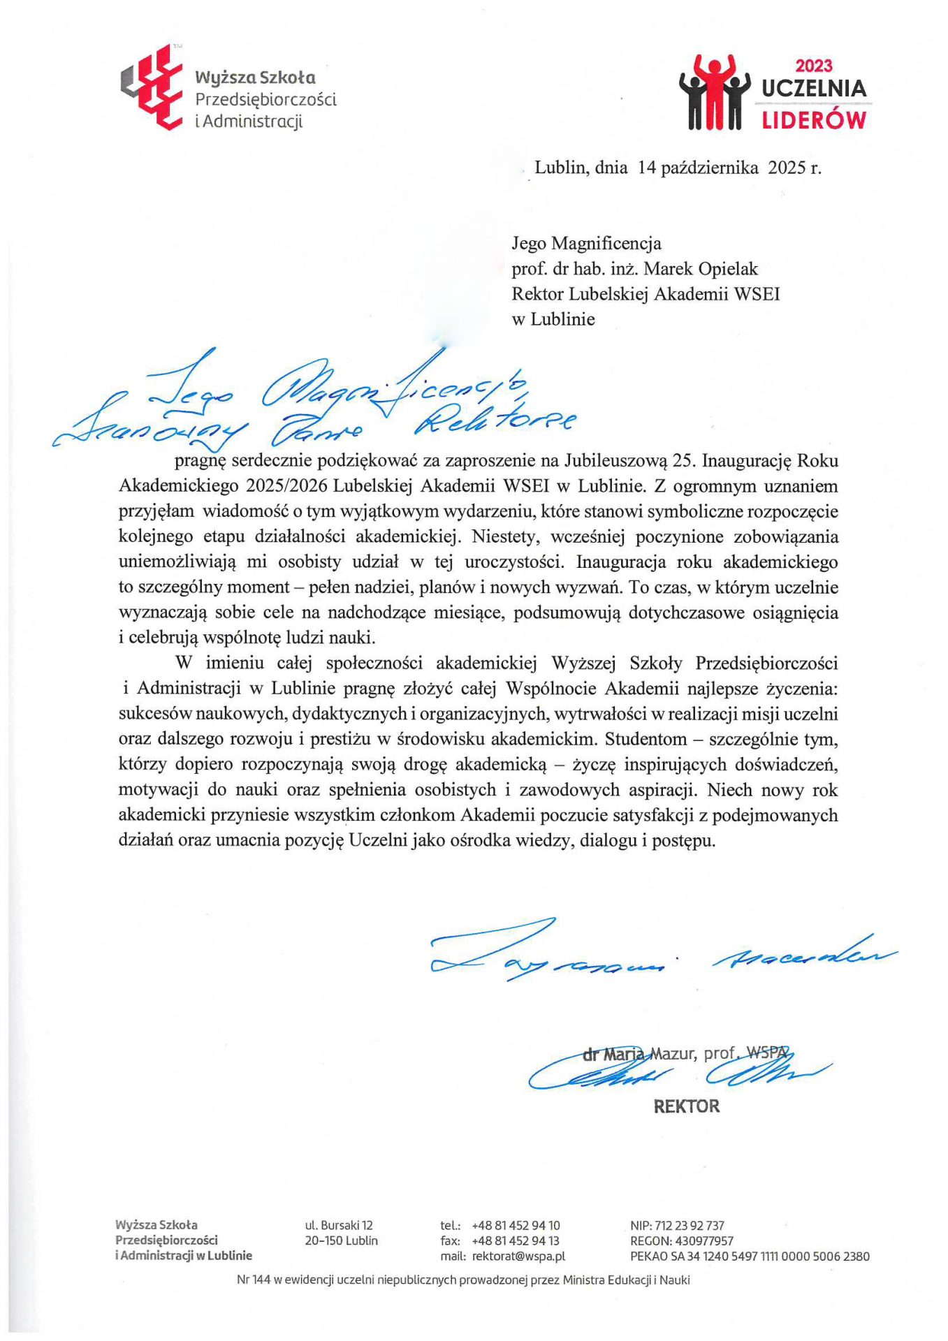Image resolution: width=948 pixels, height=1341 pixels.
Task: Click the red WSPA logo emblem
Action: click(x=152, y=88)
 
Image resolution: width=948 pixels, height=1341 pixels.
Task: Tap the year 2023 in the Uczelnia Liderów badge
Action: click(x=814, y=66)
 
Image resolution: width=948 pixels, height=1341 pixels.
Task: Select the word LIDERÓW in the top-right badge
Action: click(x=814, y=119)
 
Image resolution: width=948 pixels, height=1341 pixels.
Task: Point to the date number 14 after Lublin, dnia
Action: click(x=647, y=168)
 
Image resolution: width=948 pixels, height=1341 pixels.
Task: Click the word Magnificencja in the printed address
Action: click(x=606, y=244)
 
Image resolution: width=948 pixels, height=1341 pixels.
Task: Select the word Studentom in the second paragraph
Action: click(x=640, y=739)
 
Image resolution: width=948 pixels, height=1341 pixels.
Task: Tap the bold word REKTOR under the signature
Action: click(x=686, y=1106)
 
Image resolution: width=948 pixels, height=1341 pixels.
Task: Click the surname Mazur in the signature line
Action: click(x=673, y=1053)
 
